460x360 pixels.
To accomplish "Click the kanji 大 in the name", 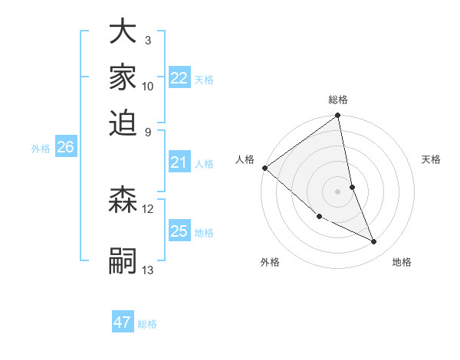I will (x=123, y=33).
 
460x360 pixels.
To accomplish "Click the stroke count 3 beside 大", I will (x=147, y=40).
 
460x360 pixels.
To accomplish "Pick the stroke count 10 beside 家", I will (x=148, y=87).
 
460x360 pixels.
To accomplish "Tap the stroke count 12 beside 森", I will (x=148, y=208).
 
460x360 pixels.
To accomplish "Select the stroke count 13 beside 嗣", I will (x=148, y=270).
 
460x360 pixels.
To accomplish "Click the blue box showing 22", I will (x=179, y=78).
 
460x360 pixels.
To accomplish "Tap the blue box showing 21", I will (x=179, y=162).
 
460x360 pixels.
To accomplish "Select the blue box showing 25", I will (x=179, y=231).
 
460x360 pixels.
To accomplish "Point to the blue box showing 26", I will (x=65, y=148).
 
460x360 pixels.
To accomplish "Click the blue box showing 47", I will (x=123, y=322).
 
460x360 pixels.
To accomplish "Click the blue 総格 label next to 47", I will (x=147, y=324).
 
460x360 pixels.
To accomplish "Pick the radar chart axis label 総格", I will (x=338, y=100).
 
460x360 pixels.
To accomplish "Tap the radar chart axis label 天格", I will (x=432, y=159).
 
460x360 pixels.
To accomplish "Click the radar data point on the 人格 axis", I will (x=264, y=168).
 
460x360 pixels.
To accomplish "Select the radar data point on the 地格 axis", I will (x=374, y=242).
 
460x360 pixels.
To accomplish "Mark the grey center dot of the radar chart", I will (x=338, y=191).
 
